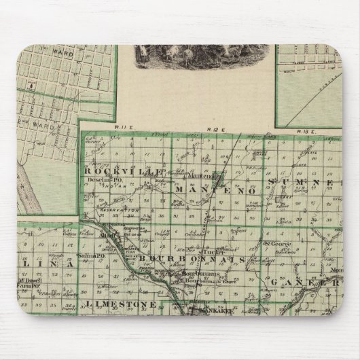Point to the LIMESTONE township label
click(x=120, y=304)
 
